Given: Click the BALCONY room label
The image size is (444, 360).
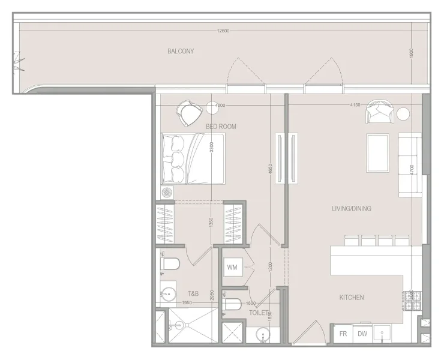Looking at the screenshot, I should tap(181, 52).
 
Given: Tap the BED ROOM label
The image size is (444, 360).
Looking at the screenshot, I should tap(221, 127).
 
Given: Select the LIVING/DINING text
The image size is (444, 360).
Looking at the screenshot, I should tap(352, 209).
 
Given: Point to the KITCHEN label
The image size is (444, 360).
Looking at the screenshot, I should tap(352, 298).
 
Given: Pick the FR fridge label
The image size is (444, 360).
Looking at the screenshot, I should tap(344, 334).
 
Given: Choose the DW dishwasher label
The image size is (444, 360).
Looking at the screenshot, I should tap(362, 334).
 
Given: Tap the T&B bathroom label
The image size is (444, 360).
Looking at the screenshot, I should tap(193, 294).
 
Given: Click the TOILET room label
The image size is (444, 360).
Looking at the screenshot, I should tap(259, 313).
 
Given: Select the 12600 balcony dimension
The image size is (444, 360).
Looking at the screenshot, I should tap(223, 31).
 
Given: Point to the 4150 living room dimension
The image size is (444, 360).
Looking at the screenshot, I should tap(354, 105).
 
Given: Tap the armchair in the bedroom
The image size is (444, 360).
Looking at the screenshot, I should tap(188, 112).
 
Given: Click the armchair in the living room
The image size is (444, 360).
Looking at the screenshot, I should tap(380, 110).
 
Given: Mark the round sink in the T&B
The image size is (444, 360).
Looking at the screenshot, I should tap(169, 294).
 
